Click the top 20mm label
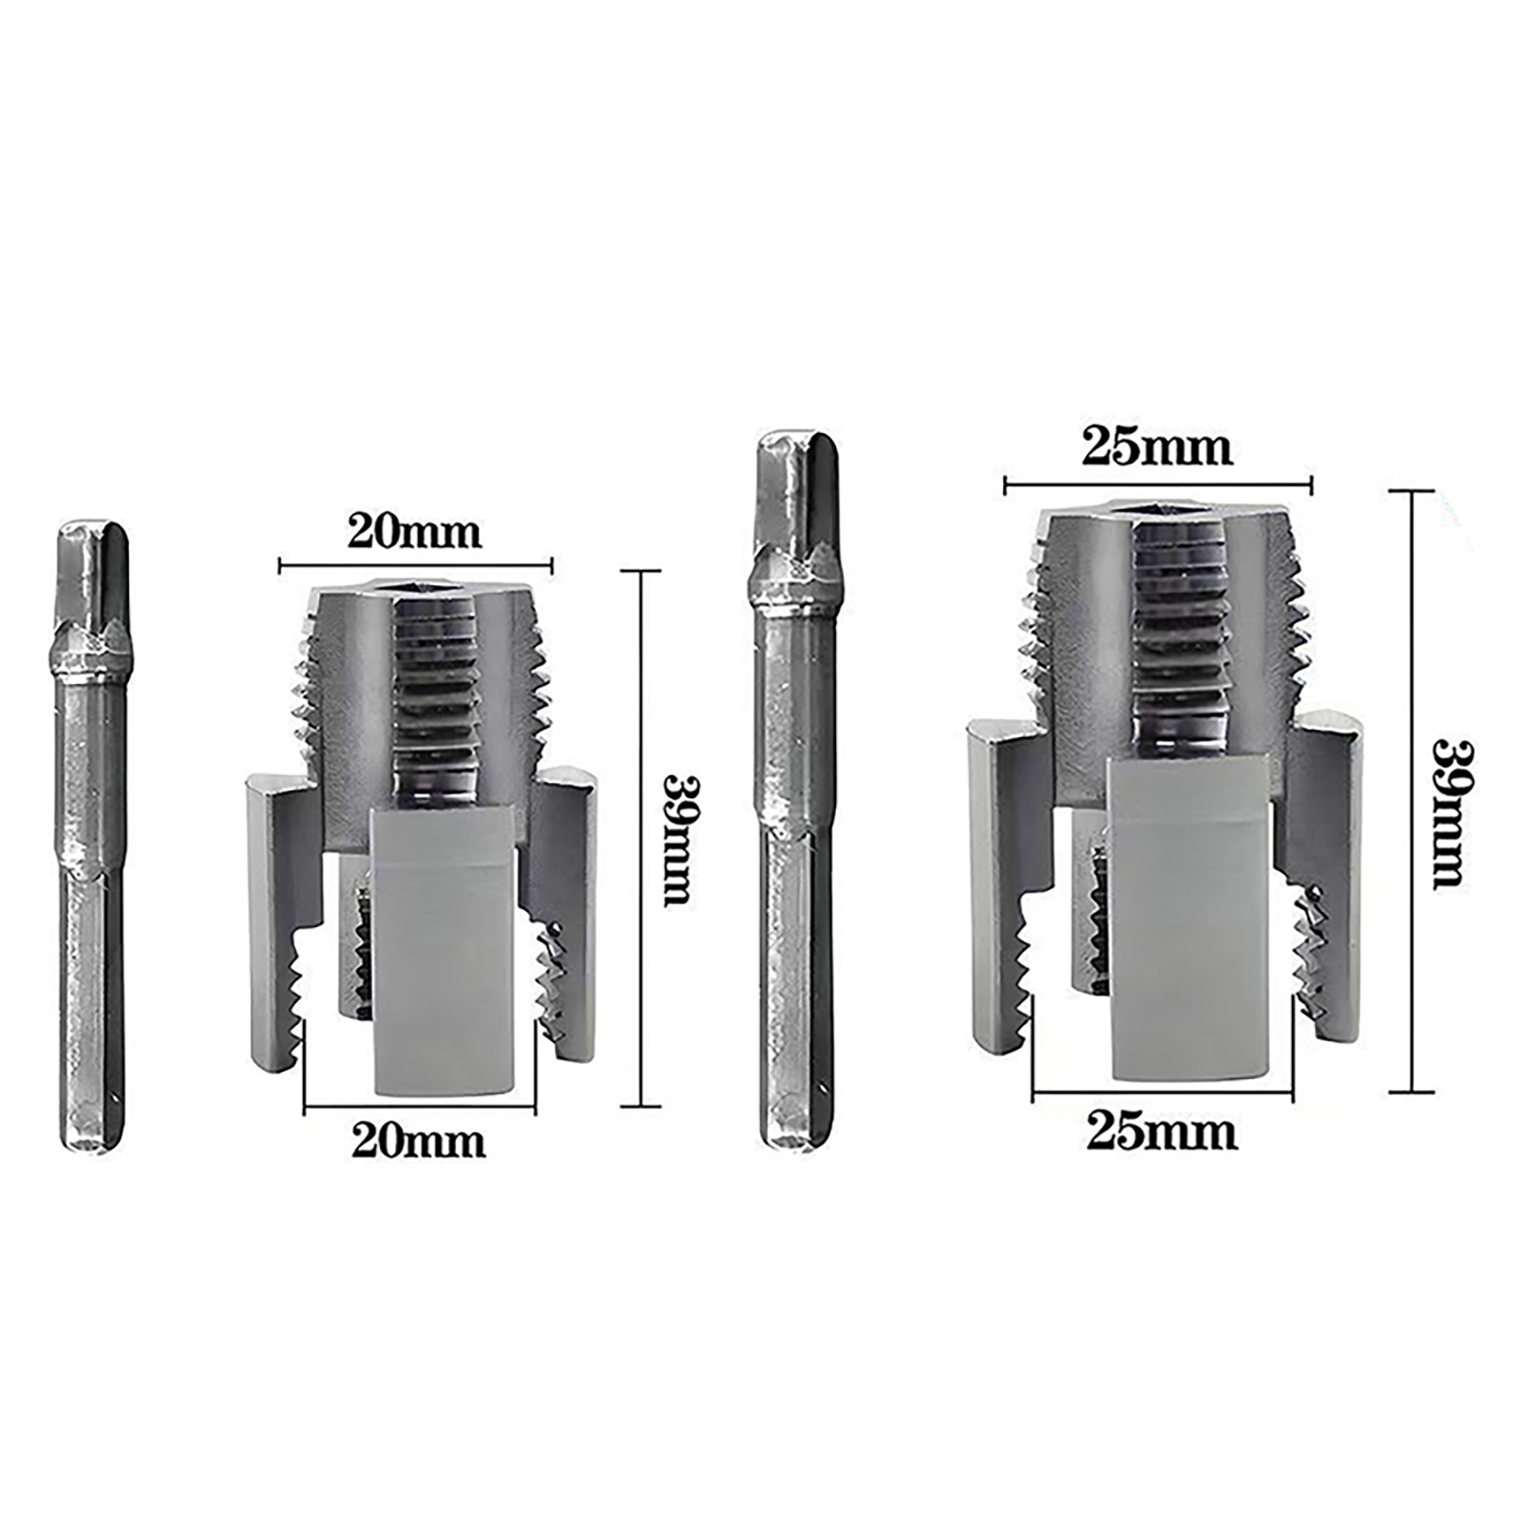414,531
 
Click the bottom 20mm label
418,1140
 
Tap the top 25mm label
1157,446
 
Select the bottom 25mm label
1162,1132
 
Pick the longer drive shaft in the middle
796,791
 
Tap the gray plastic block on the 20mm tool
446,950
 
